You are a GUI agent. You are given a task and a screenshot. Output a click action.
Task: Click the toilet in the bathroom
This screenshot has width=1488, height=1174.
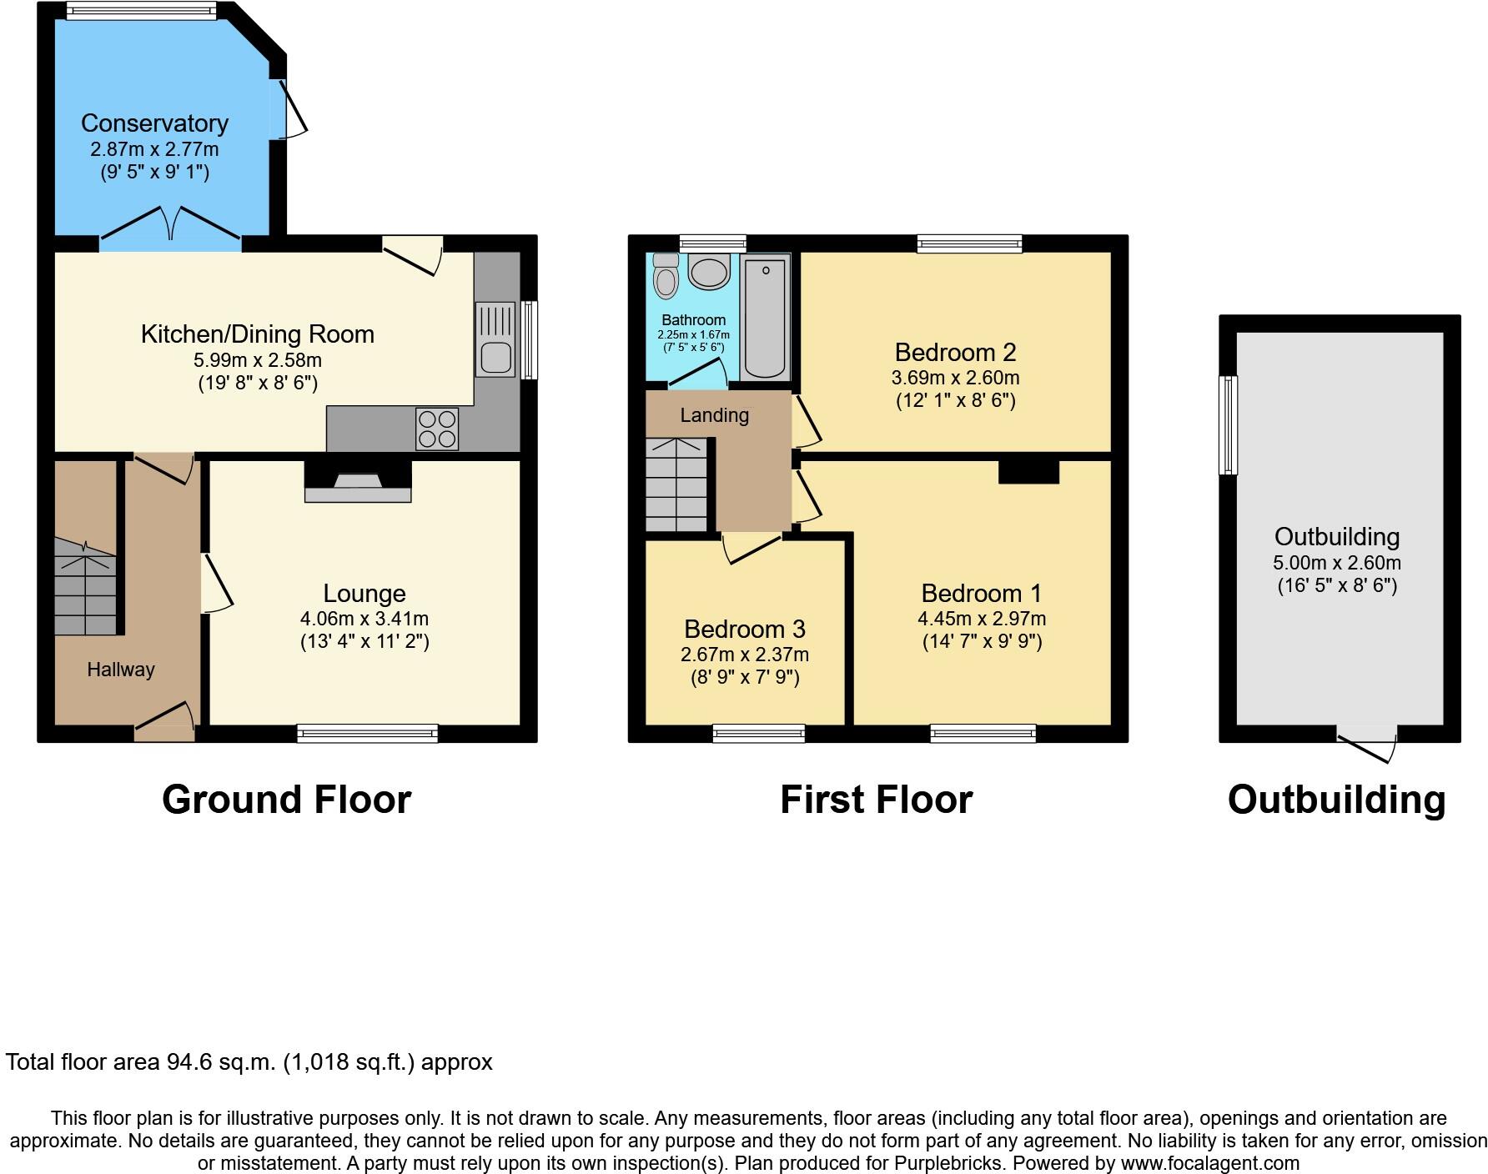click(666, 277)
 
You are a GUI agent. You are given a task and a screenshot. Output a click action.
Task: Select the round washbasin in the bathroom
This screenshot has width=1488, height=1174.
click(710, 272)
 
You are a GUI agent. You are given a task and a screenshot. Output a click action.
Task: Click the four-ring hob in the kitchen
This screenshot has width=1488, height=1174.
click(437, 429)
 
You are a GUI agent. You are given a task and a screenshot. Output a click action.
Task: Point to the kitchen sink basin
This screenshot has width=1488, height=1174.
click(495, 359)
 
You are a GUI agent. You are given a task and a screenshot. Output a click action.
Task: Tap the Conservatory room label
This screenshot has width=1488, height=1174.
click(154, 123)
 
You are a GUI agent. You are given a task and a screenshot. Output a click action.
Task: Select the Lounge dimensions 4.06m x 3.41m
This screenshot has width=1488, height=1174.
click(364, 619)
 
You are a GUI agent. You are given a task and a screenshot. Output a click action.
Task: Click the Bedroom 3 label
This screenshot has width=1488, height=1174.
click(745, 629)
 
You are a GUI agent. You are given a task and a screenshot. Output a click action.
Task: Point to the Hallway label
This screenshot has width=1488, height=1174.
click(121, 670)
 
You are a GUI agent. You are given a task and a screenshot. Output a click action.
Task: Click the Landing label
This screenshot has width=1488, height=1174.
click(714, 415)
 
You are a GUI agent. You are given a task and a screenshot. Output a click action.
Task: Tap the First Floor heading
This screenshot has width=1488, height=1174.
click(876, 800)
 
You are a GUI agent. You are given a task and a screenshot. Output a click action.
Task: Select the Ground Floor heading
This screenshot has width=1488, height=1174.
click(286, 800)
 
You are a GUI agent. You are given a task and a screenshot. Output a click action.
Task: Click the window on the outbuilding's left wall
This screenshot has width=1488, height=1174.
click(1228, 425)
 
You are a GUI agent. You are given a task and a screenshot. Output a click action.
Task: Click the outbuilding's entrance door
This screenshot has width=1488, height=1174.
click(1366, 741)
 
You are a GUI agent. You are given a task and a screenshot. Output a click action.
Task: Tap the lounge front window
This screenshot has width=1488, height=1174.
click(368, 734)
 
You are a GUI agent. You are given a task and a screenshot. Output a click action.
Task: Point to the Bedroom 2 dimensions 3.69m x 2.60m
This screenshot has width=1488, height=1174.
click(955, 378)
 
